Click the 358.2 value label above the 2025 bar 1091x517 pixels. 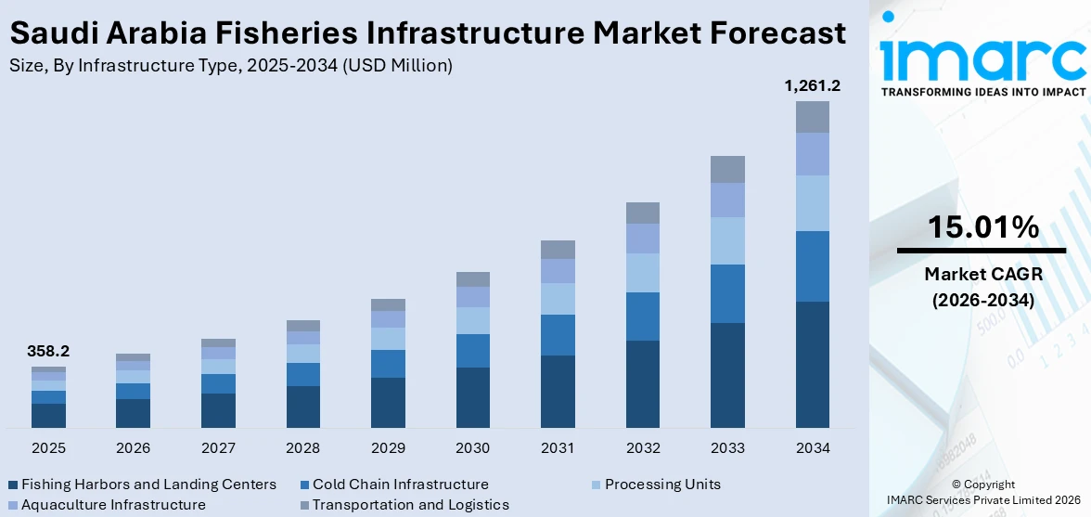pyautogui.click(x=49, y=352)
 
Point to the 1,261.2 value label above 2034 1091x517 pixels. pyautogui.click(x=812, y=86)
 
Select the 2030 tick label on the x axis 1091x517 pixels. pyautogui.click(x=472, y=448)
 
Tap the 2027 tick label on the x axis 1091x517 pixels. pyautogui.click(x=218, y=448)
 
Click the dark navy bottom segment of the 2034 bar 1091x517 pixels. pyautogui.click(x=812, y=364)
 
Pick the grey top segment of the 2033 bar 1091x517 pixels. pyautogui.click(x=727, y=169)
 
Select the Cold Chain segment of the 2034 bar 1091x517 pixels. pyautogui.click(x=812, y=266)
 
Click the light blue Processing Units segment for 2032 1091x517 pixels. pyautogui.click(x=642, y=272)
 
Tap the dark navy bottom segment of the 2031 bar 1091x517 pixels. pyautogui.click(x=558, y=391)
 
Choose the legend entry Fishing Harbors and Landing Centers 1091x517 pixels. pyautogui.click(x=148, y=485)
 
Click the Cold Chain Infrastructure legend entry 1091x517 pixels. pyautogui.click(x=400, y=485)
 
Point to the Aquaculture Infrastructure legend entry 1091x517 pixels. pyautogui.click(x=113, y=505)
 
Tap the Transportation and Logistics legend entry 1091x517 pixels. pyautogui.click(x=410, y=505)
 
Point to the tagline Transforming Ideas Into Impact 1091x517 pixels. pyautogui.click(x=982, y=92)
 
